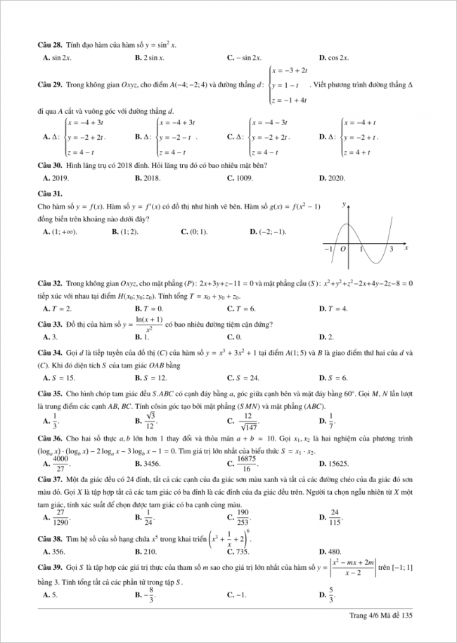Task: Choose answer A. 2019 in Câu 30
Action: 56,178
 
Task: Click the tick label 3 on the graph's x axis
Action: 391,249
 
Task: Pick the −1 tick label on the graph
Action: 328,249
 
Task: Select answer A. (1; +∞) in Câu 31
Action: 60,231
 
